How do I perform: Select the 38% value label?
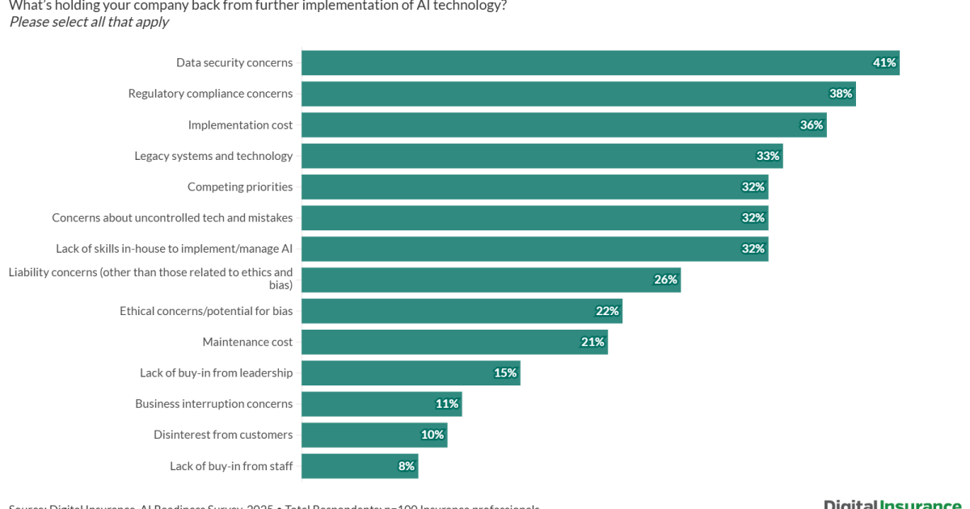pos(841,94)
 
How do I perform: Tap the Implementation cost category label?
pos(240,125)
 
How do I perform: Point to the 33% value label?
pos(768,156)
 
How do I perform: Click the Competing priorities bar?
pos(533,187)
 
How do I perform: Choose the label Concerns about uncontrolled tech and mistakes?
pos(172,218)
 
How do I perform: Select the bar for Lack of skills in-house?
pos(533,249)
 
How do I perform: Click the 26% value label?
pos(665,280)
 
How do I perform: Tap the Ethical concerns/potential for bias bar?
pos(461,311)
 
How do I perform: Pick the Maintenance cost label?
pos(247,342)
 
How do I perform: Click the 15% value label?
pos(505,372)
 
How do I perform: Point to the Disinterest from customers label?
pos(223,435)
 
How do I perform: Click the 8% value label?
pos(406,465)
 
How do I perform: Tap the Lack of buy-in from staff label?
pos(231,465)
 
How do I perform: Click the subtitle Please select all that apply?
pos(89,22)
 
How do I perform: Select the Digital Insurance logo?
pos(892,504)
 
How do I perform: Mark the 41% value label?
pos(884,63)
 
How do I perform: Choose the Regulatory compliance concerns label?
pos(210,94)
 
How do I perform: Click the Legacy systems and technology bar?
pos(542,156)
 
